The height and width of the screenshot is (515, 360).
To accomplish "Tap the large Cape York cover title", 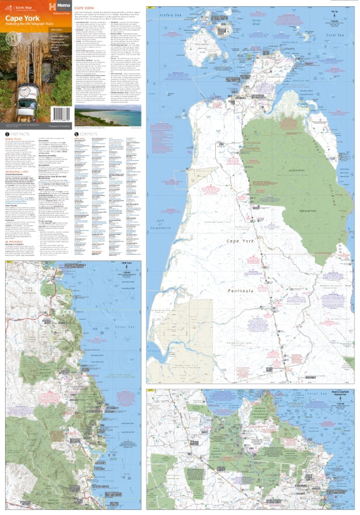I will point(21,18).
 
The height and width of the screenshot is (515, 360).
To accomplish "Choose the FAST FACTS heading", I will point(19,134).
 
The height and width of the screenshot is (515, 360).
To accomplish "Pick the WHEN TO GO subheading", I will point(13,140).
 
